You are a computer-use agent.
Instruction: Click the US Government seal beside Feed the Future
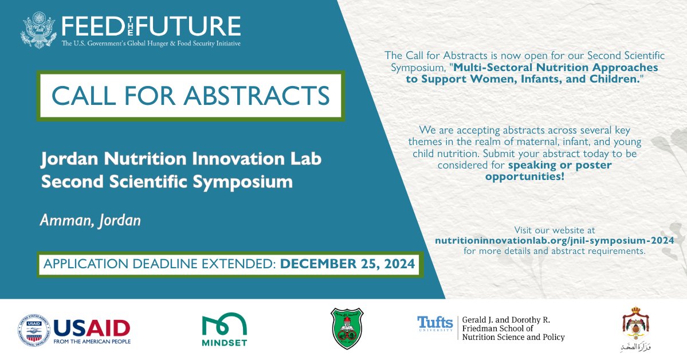point(39,30)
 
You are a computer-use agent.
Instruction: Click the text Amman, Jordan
point(90,221)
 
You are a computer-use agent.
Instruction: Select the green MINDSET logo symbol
point(225,324)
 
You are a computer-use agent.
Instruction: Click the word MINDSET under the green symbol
point(225,344)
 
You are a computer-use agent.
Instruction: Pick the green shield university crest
point(347,328)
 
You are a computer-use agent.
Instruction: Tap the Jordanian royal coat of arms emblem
point(634,323)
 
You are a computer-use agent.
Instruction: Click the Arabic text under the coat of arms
point(634,347)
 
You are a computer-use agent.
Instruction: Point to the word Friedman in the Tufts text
point(484,328)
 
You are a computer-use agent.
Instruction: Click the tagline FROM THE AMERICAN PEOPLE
point(92,342)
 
